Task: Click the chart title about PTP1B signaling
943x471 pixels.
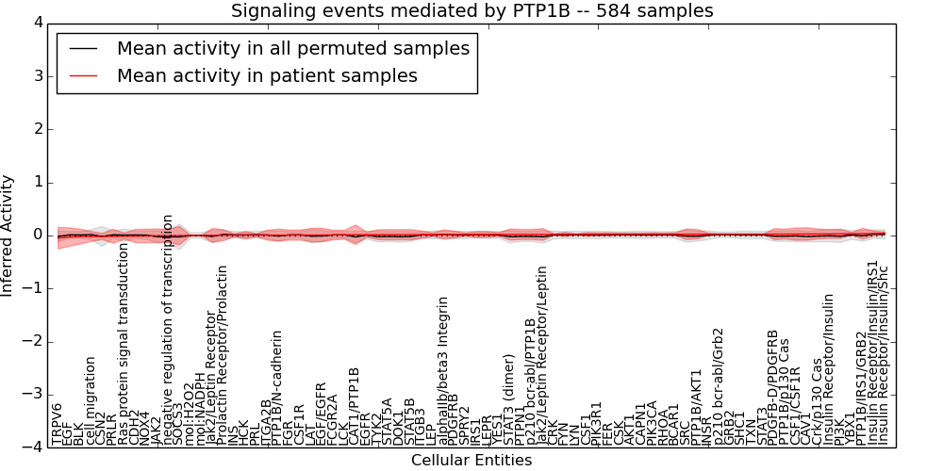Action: click(x=472, y=10)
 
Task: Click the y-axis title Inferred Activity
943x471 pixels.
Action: click(x=8, y=235)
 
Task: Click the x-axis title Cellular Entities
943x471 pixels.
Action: click(x=471, y=461)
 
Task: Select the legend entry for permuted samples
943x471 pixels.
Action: click(x=292, y=48)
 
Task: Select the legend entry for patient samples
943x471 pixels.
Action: click(x=267, y=75)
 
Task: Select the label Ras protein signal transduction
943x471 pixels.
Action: click(x=124, y=350)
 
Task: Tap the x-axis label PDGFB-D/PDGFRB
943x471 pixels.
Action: click(x=773, y=387)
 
